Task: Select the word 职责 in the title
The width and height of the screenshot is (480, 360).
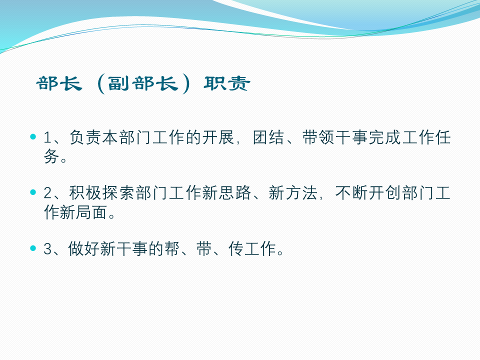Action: click(x=227, y=83)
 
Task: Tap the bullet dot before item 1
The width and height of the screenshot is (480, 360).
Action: click(x=33, y=136)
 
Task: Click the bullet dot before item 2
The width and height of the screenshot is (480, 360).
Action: click(x=33, y=192)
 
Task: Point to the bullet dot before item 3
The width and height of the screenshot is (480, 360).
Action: click(x=33, y=248)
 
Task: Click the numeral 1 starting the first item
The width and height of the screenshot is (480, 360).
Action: click(x=47, y=137)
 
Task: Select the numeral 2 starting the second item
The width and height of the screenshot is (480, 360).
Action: click(x=48, y=193)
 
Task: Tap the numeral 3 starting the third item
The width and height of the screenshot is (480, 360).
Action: click(x=48, y=248)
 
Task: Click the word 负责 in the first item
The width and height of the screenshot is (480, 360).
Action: click(x=85, y=137)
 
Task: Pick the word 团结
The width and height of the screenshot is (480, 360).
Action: click(x=268, y=137)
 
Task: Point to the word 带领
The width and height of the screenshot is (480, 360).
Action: click(x=318, y=137)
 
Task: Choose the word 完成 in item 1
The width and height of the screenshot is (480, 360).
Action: click(x=384, y=137)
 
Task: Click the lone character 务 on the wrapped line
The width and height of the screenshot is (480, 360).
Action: click(x=51, y=156)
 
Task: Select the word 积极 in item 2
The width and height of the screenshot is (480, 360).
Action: click(x=85, y=193)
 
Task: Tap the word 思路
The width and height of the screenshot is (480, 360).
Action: click(x=235, y=193)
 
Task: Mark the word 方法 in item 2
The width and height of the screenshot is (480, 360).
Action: click(x=301, y=193)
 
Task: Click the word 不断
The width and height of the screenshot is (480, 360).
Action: click(x=351, y=193)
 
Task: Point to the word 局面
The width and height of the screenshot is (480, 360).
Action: click(x=91, y=212)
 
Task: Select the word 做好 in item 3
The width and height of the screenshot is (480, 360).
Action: click(x=83, y=248)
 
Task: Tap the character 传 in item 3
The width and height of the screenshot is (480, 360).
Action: click(x=236, y=248)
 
